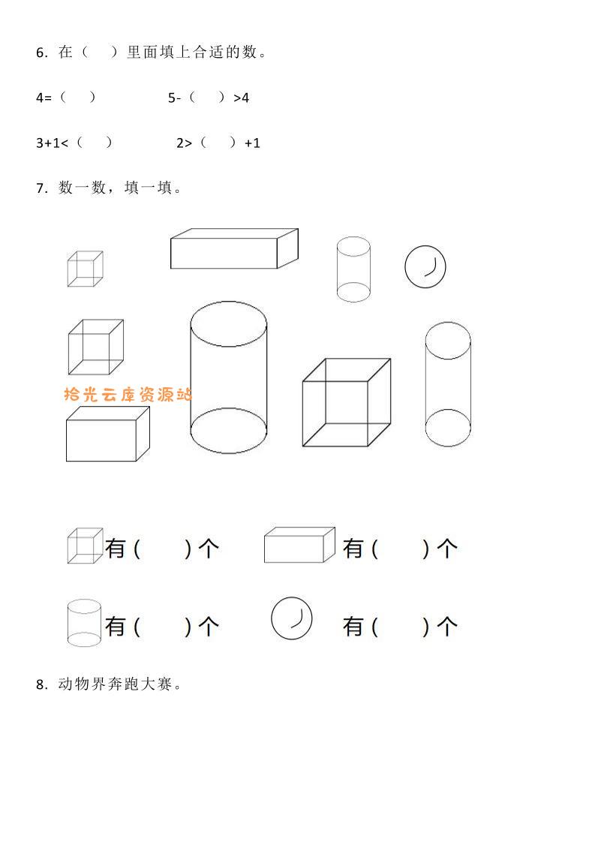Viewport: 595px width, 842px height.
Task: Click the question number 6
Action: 41,53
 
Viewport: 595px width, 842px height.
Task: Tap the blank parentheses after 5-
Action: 207,98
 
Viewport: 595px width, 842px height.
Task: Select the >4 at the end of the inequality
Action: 241,98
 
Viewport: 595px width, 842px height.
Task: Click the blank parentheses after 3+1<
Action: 95,143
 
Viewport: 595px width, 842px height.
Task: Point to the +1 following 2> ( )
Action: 252,143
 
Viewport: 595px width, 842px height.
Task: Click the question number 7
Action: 41,188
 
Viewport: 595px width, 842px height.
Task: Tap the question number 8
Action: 41,684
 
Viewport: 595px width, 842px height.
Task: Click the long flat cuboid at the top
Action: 234,248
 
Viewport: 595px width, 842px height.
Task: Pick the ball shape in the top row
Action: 425,267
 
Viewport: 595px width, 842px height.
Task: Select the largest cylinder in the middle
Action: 229,377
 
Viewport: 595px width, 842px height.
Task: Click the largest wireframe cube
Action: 347,402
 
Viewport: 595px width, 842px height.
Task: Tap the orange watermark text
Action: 128,395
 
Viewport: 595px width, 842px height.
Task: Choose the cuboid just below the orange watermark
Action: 108,434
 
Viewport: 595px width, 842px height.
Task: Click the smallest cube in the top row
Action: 86,269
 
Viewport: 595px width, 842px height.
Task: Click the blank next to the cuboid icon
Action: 400,549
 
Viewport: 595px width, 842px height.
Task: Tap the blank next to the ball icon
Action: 400,627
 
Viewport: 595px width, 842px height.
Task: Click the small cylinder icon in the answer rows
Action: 84,623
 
